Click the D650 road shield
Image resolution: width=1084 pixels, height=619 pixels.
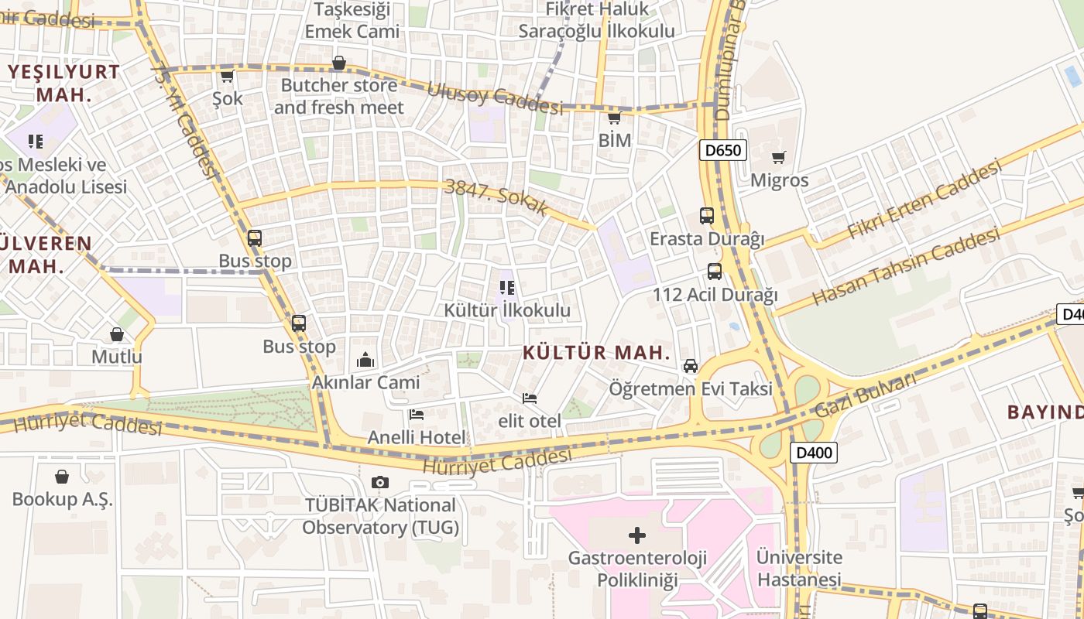point(723,150)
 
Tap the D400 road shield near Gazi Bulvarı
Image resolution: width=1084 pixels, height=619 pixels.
point(814,453)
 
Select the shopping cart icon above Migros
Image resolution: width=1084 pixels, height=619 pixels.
point(779,158)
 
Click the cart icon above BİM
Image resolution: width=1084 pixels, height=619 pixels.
point(615,118)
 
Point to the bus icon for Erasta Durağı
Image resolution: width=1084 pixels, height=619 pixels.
point(707,216)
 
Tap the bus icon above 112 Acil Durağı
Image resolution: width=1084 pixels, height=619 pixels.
point(715,272)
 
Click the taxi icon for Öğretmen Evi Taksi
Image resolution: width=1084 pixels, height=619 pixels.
point(691,366)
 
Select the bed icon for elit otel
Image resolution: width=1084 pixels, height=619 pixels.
point(530,398)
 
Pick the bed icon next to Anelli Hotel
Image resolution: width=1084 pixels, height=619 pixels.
point(417,415)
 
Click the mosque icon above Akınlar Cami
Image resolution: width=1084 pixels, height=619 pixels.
point(365,360)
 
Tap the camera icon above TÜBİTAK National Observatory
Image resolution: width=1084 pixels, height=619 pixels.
point(379,483)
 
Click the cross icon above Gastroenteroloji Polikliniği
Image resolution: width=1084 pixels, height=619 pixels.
point(637,535)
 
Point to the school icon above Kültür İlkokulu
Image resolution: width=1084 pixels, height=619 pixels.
point(507,289)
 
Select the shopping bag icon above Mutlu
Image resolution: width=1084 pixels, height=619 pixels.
point(117,334)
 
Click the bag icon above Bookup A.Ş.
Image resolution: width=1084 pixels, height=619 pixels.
point(62,477)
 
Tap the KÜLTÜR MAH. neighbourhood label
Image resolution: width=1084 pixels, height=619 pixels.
point(596,353)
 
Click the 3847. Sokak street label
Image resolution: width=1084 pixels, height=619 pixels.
point(496,197)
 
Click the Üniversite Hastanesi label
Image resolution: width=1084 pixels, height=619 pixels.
point(799,568)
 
